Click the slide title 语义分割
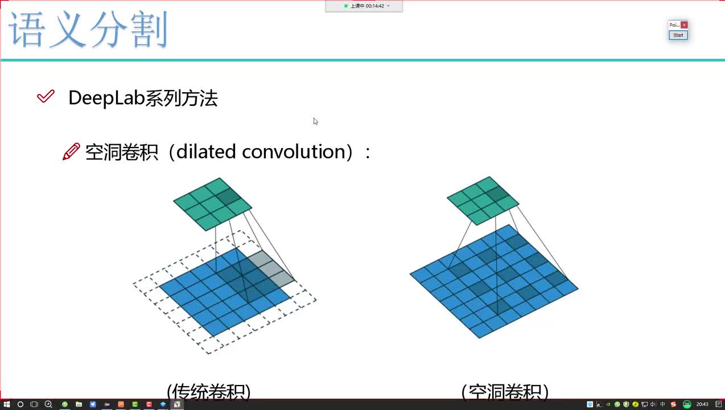(89, 31)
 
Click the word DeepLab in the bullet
(106, 98)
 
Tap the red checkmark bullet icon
(46, 97)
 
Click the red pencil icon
(71, 152)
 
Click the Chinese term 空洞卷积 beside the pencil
(121, 152)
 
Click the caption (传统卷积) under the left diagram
(209, 392)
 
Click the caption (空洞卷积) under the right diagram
(505, 392)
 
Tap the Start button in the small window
(678, 35)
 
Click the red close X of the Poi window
(684, 25)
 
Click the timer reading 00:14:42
(375, 6)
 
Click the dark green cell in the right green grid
(497, 193)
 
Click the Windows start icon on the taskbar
(6, 404)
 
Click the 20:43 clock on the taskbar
(702, 404)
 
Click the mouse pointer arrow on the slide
(315, 121)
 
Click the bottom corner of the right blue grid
(479, 337)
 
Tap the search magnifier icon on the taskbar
(48, 404)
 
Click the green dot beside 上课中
(345, 6)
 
